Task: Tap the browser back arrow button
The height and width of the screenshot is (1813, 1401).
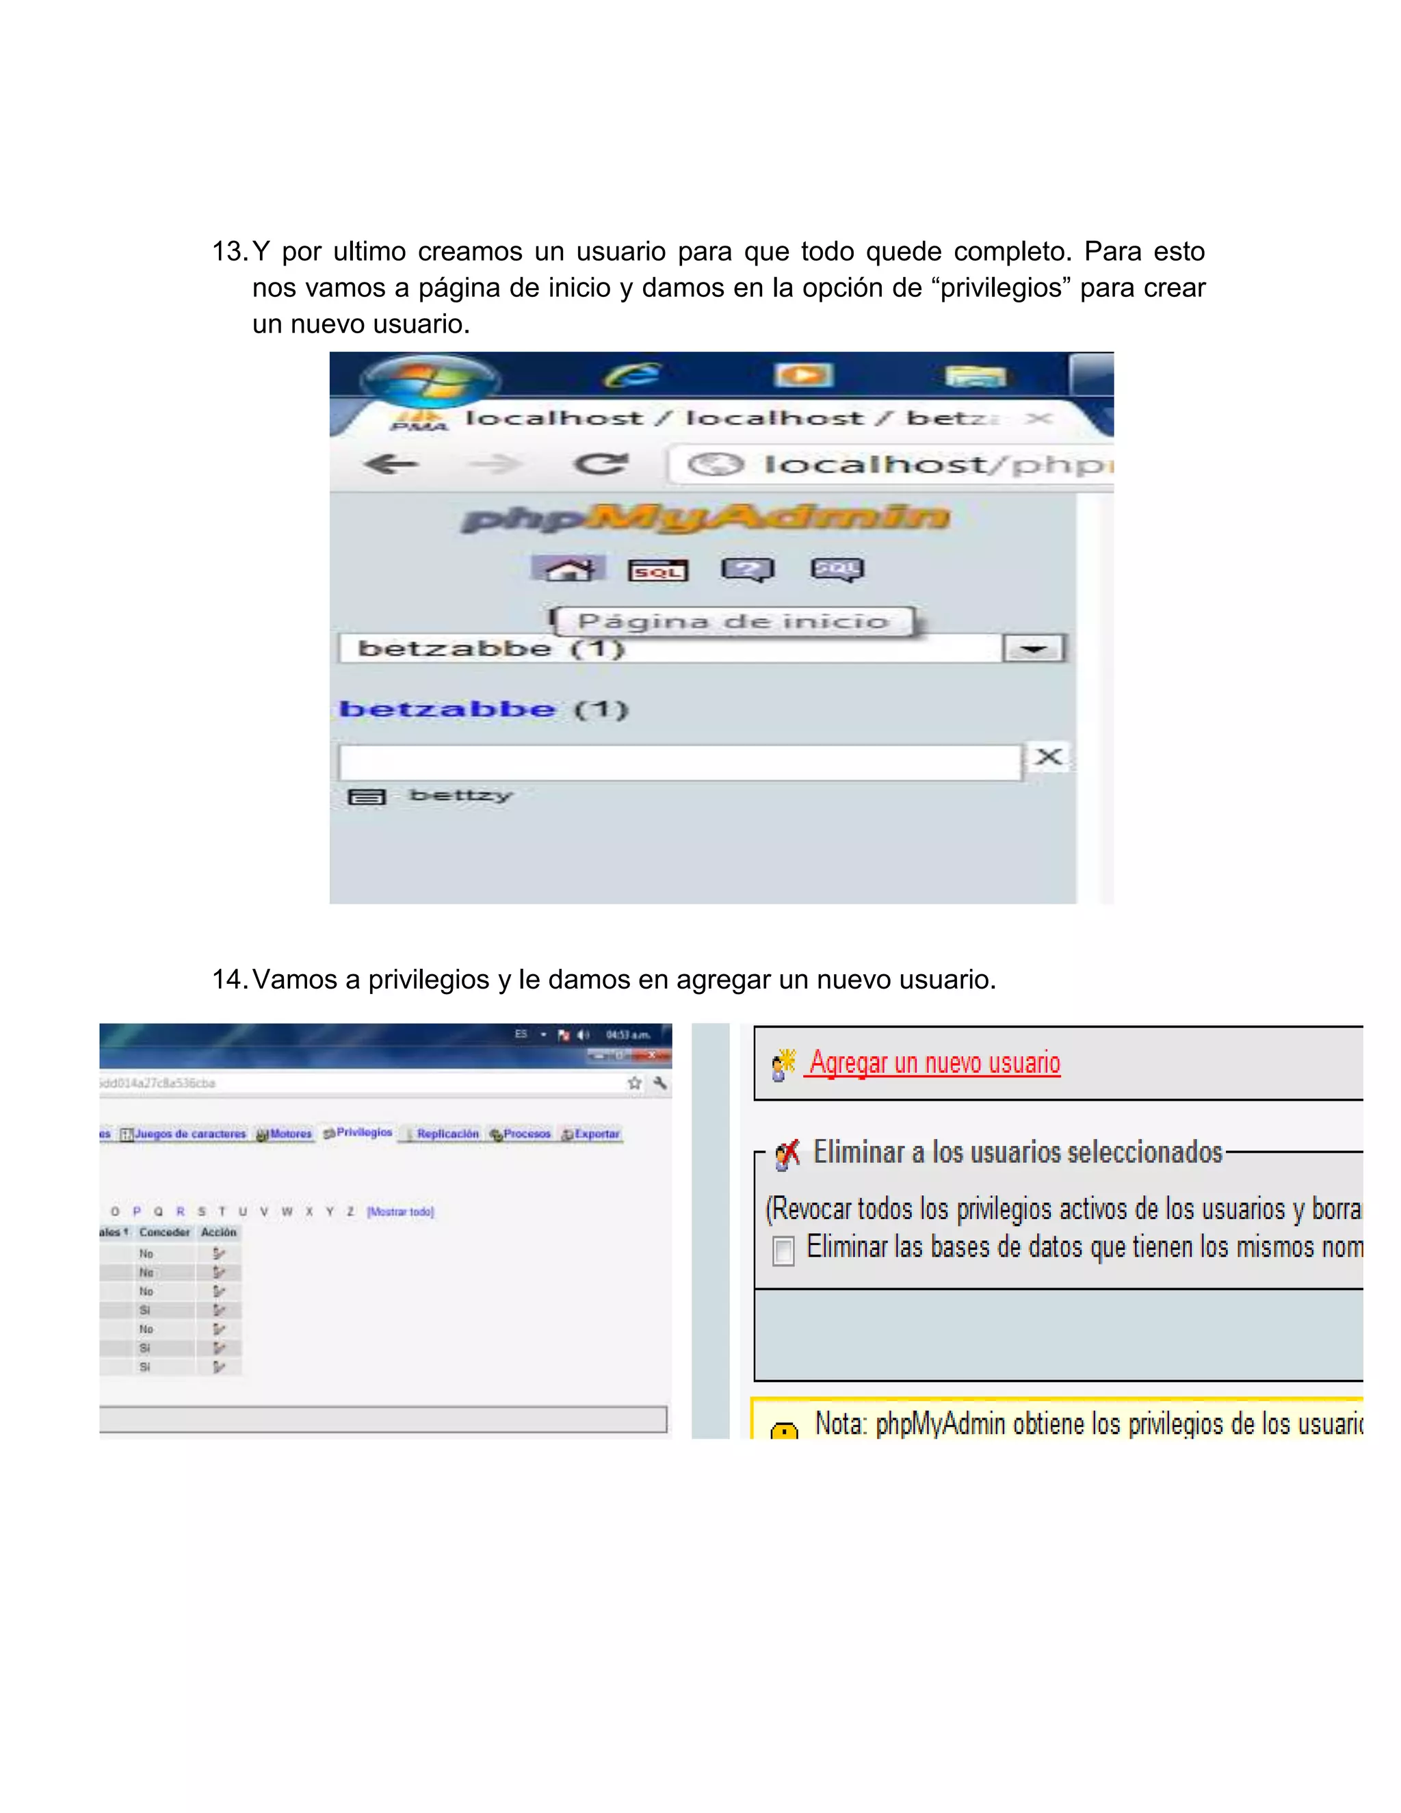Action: [x=390, y=464]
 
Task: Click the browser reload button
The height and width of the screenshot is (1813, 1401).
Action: [x=600, y=463]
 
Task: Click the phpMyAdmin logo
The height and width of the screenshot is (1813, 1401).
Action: [x=705, y=518]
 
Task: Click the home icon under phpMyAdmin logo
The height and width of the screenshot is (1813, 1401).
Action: [x=568, y=569]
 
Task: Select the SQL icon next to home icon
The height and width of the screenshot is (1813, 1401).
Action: [x=657, y=571]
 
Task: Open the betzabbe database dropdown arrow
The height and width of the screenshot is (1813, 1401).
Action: [x=1032, y=649]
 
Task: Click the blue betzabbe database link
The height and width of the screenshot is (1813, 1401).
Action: [x=447, y=709]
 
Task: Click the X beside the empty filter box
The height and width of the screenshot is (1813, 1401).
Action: [x=1048, y=756]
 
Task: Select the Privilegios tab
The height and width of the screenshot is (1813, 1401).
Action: [x=358, y=1132]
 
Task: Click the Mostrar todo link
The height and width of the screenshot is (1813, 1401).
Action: [x=400, y=1212]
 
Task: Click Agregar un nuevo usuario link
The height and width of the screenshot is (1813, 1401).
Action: [x=934, y=1062]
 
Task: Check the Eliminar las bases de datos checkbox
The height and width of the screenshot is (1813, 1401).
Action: [x=783, y=1250]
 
